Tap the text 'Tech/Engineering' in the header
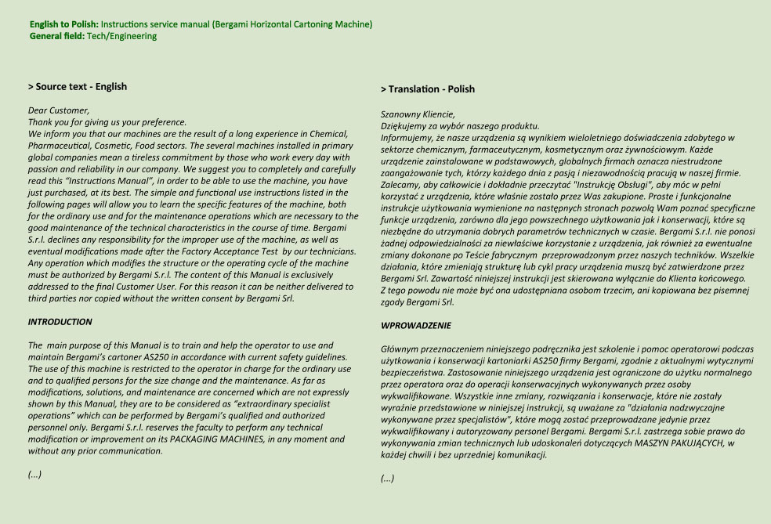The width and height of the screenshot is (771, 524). [x=121, y=36]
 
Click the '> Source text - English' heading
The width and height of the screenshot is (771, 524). [x=77, y=87]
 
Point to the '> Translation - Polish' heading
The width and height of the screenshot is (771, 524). [x=427, y=89]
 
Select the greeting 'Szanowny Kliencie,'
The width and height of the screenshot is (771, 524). [x=418, y=114]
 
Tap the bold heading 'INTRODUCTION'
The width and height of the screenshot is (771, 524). [x=60, y=322]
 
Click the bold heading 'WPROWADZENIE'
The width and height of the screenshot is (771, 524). [x=416, y=325]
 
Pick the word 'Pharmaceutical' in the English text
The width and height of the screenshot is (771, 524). [x=59, y=145]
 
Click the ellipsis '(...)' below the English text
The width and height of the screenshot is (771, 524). [x=34, y=475]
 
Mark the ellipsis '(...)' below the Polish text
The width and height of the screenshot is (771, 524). [x=387, y=479]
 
